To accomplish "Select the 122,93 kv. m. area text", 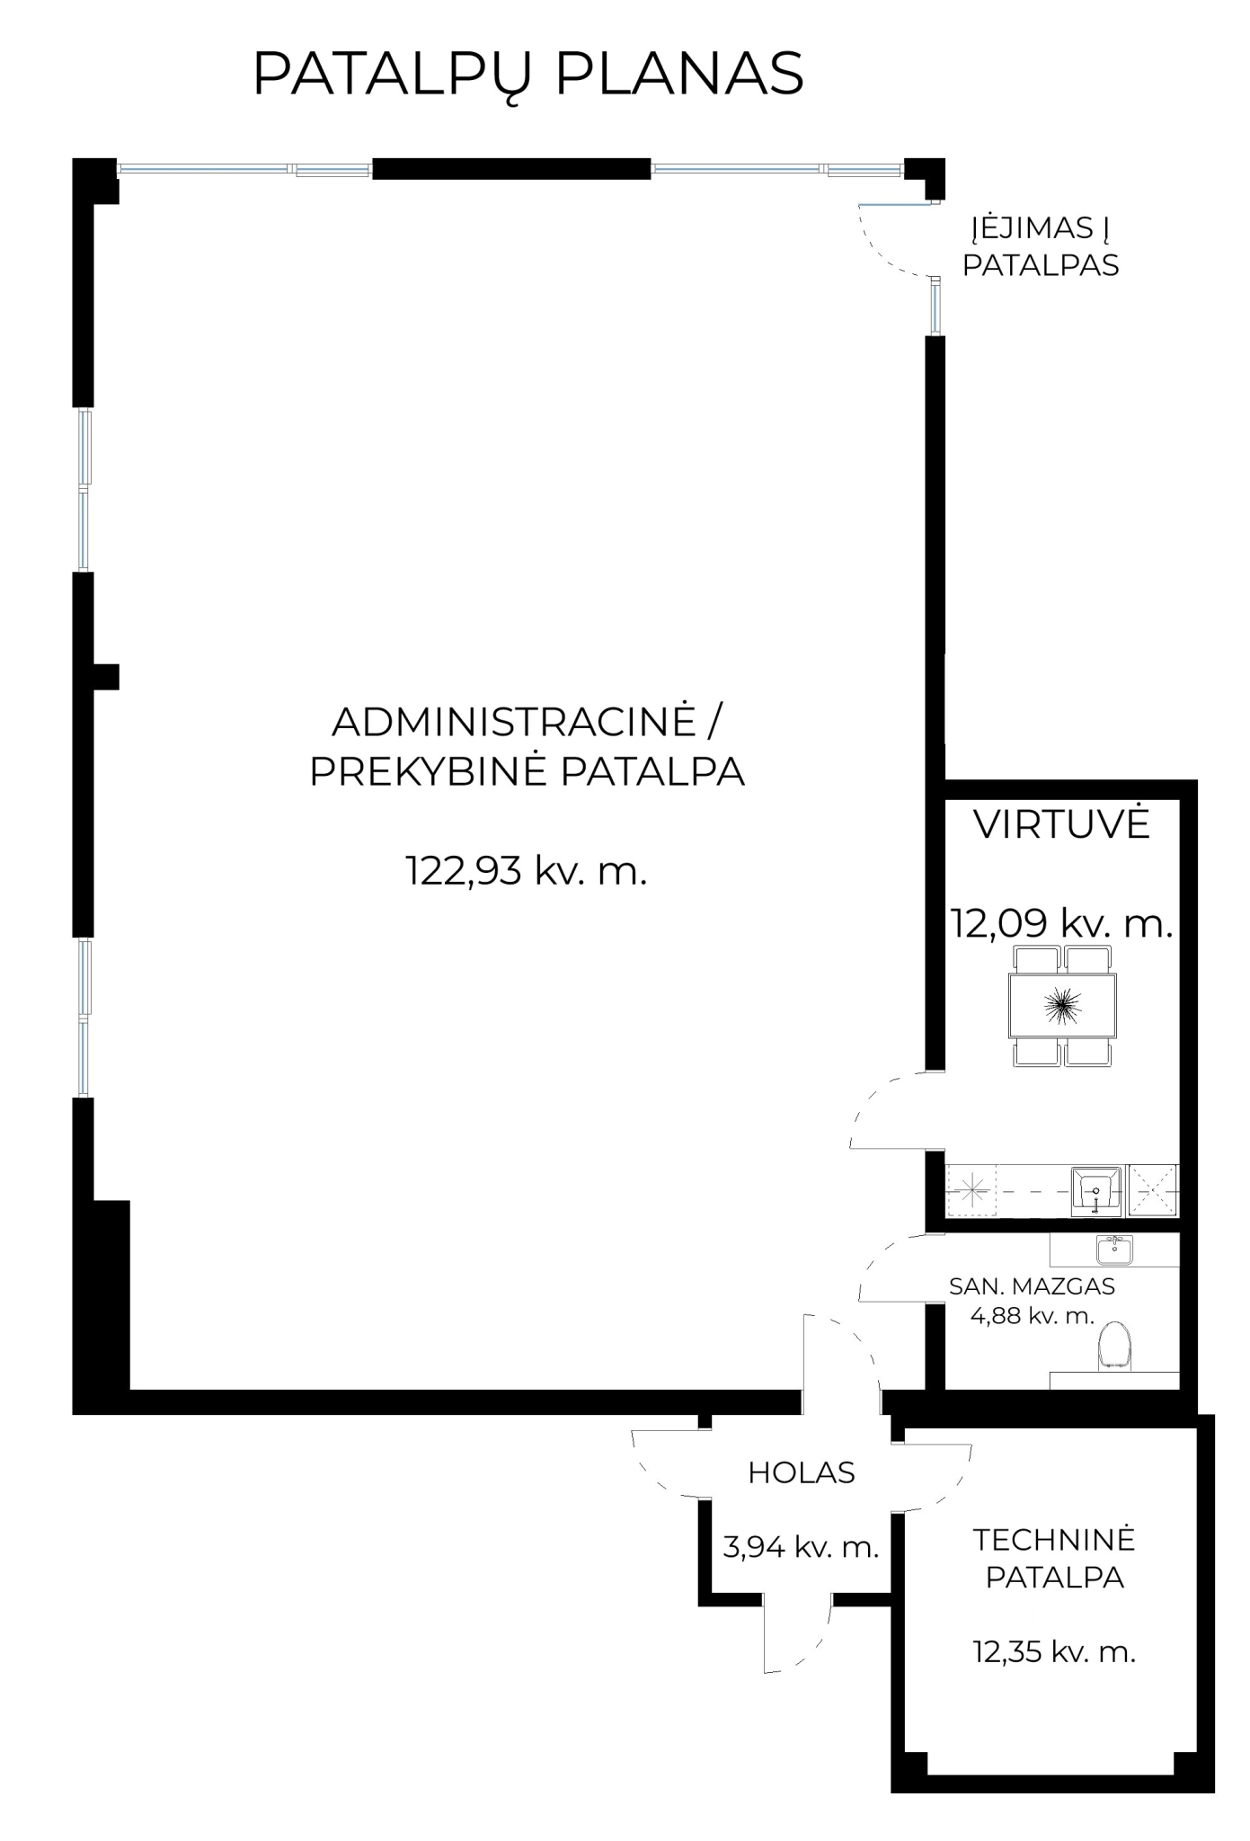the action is point(527,870).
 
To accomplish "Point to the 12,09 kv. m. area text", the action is point(1062,923).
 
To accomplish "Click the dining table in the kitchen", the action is point(1062,1006).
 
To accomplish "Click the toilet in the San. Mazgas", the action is point(1115,1347).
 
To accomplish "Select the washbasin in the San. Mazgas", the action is point(1114,1250).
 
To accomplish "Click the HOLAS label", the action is point(802,1472).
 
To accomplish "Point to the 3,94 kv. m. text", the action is point(801,1547).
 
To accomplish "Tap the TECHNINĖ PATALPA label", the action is point(1055,1559).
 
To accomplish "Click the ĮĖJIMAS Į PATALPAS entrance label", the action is point(1041,246).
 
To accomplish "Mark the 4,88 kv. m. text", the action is point(1033,1316).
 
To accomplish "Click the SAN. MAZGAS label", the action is point(1032,1286).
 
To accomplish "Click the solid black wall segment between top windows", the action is point(511,168).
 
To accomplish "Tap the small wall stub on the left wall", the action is point(106,676).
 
